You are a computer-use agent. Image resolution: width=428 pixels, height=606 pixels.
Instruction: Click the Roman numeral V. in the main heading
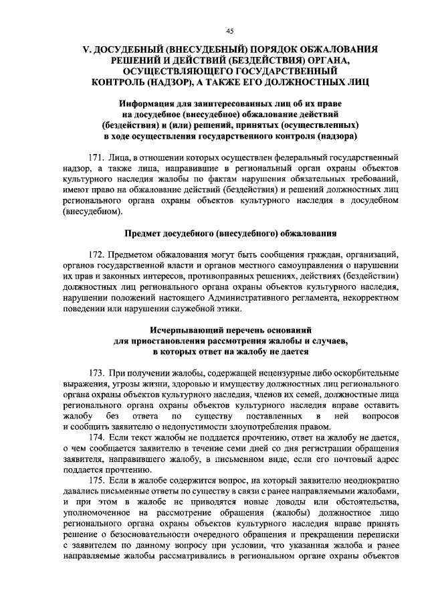tap(86, 50)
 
